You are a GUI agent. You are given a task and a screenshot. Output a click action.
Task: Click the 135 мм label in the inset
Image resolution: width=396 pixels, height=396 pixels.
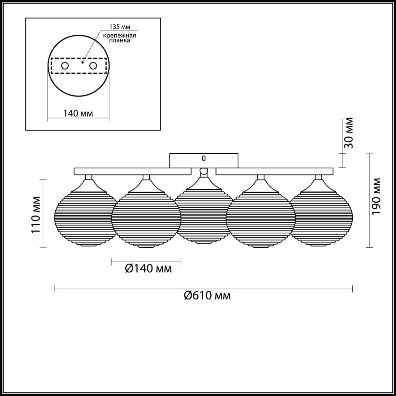tap(120, 27)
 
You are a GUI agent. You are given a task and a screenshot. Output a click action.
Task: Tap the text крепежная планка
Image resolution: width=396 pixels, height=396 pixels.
tap(120, 38)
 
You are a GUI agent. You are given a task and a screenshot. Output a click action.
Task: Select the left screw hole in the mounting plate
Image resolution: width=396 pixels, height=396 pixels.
tap(65, 66)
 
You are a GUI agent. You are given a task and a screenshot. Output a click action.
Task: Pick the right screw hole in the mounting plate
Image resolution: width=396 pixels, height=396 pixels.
tap(93, 66)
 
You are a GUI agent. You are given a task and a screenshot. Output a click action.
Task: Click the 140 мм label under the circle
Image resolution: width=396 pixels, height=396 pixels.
tap(78, 114)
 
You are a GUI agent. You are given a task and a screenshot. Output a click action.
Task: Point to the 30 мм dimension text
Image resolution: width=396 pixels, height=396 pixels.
tap(349, 133)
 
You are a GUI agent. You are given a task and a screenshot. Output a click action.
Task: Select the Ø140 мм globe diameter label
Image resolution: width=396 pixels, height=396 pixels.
tap(148, 269)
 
